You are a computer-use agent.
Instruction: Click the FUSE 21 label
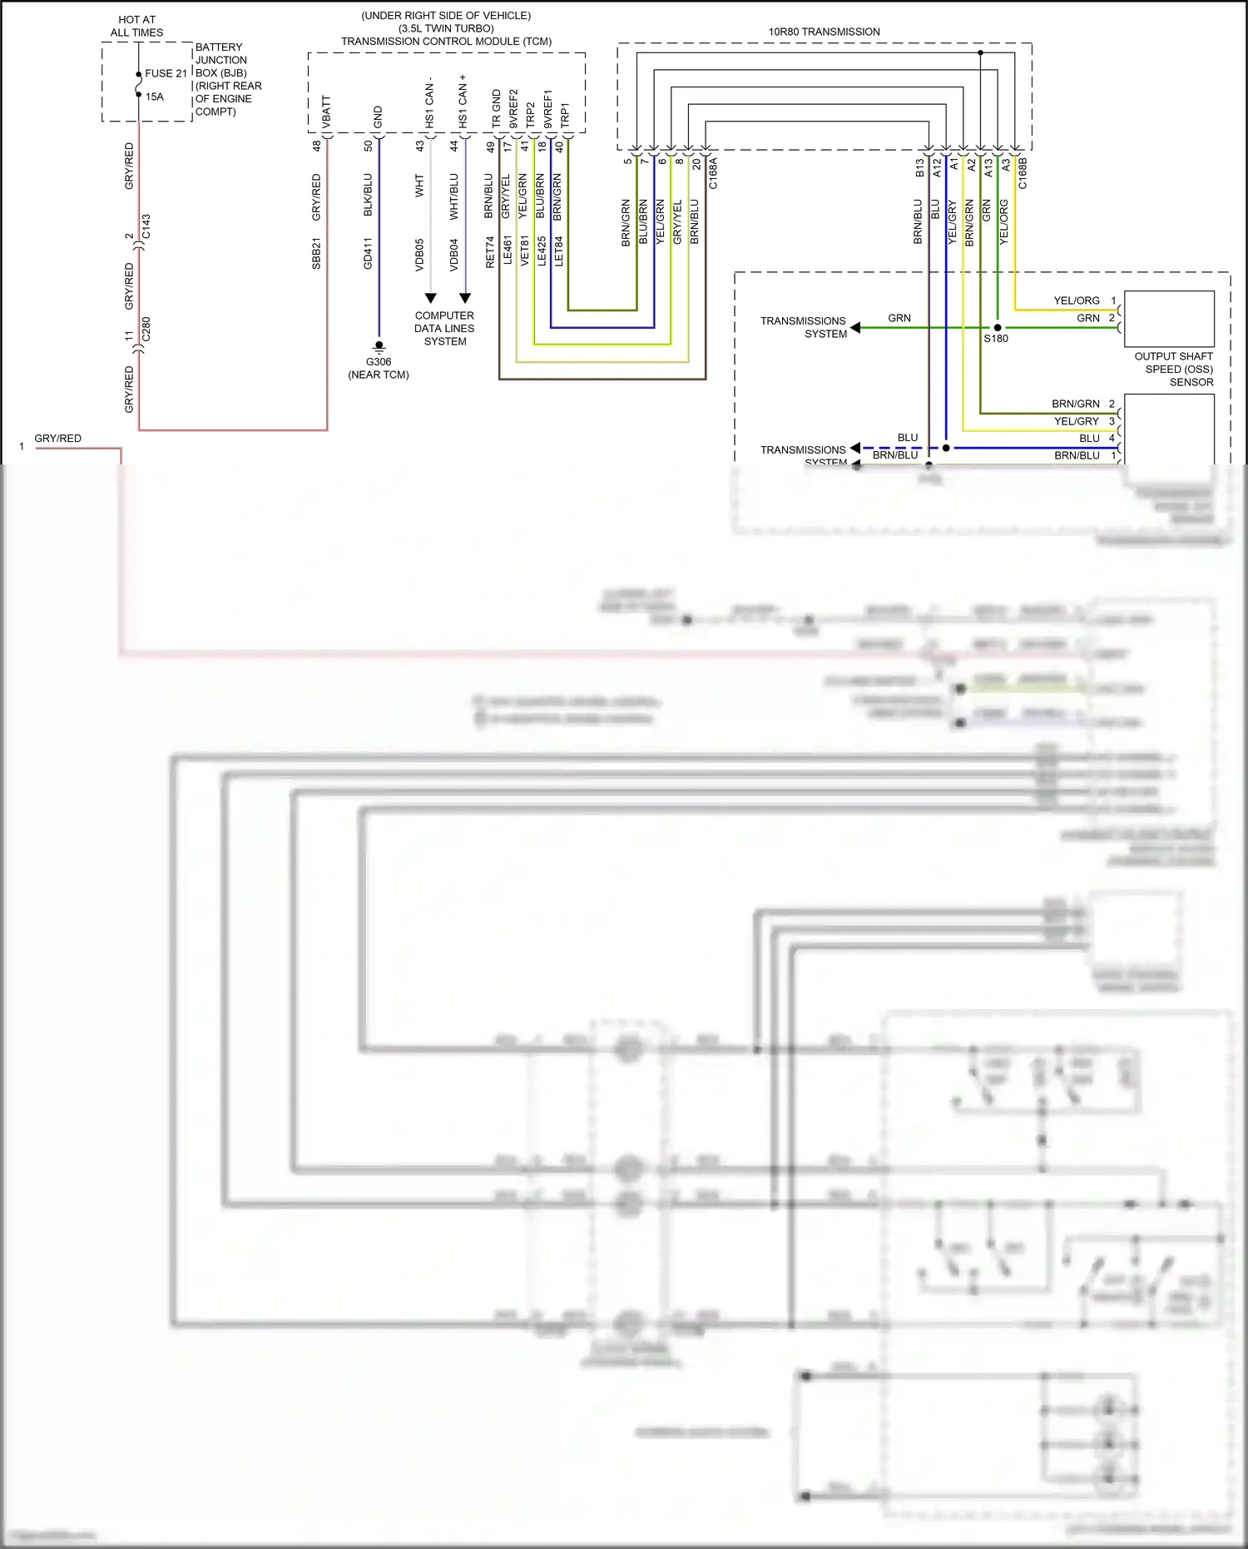pyautogui.click(x=166, y=73)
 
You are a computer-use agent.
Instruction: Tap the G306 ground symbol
pyautogui.click(x=379, y=346)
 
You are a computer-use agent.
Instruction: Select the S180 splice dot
pyautogui.click(x=998, y=328)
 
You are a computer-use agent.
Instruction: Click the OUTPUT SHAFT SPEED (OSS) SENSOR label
pyautogui.click(x=1174, y=369)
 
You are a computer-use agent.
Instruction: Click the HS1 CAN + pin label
pyautogui.click(x=463, y=102)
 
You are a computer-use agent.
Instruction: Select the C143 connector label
pyautogui.click(x=146, y=226)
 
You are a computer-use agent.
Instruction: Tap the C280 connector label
pyautogui.click(x=146, y=330)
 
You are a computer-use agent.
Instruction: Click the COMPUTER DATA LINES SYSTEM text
pyautogui.click(x=444, y=328)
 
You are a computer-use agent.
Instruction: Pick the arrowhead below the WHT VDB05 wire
pyautogui.click(x=430, y=298)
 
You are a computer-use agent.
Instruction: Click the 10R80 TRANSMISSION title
pyautogui.click(x=824, y=32)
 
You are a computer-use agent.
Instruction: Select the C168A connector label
pyautogui.click(x=713, y=173)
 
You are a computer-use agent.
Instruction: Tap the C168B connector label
pyautogui.click(x=1023, y=173)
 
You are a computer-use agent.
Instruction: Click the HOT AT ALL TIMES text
pyautogui.click(x=137, y=26)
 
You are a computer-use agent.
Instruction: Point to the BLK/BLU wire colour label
pyautogui.click(x=368, y=195)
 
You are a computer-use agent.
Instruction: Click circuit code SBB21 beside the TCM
pyautogui.click(x=316, y=254)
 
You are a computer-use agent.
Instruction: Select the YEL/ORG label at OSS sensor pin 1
pyautogui.click(x=1076, y=300)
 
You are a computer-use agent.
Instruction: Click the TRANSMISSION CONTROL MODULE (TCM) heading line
pyautogui.click(x=446, y=41)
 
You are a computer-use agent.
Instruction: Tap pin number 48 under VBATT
pyautogui.click(x=316, y=146)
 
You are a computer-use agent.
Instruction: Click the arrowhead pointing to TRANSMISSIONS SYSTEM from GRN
pyautogui.click(x=855, y=328)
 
